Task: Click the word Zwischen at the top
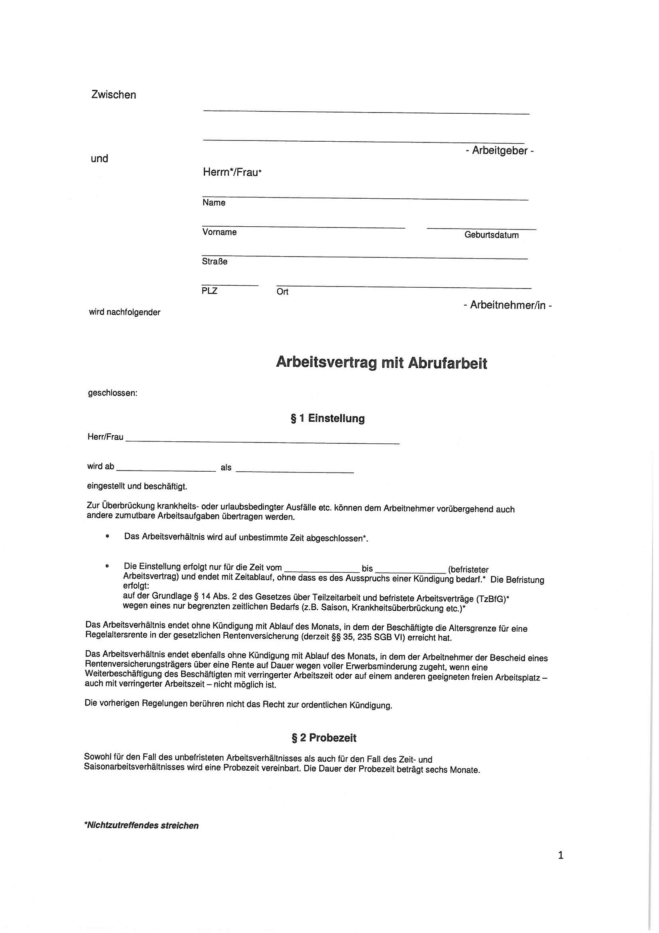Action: tap(114, 95)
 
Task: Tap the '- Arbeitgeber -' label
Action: tap(499, 151)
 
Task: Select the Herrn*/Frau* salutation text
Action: tap(232, 172)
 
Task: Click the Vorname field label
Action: tap(219, 232)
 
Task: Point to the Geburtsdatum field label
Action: tap(491, 235)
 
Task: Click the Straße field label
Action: tap(214, 262)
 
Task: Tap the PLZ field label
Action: tap(209, 291)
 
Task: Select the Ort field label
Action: tap(282, 292)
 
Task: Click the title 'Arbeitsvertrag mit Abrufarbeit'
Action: tap(381, 362)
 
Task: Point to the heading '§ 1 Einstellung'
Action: tap(328, 419)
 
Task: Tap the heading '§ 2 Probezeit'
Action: tap(324, 738)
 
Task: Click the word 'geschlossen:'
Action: tap(113, 393)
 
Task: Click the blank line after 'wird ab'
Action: tap(166, 470)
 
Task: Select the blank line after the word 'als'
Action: tap(294, 471)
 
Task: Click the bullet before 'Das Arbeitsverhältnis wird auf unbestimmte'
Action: tap(107, 536)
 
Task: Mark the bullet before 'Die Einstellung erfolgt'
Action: tap(107, 565)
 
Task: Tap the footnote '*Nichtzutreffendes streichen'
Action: tap(141, 825)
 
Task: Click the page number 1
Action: tap(561, 856)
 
